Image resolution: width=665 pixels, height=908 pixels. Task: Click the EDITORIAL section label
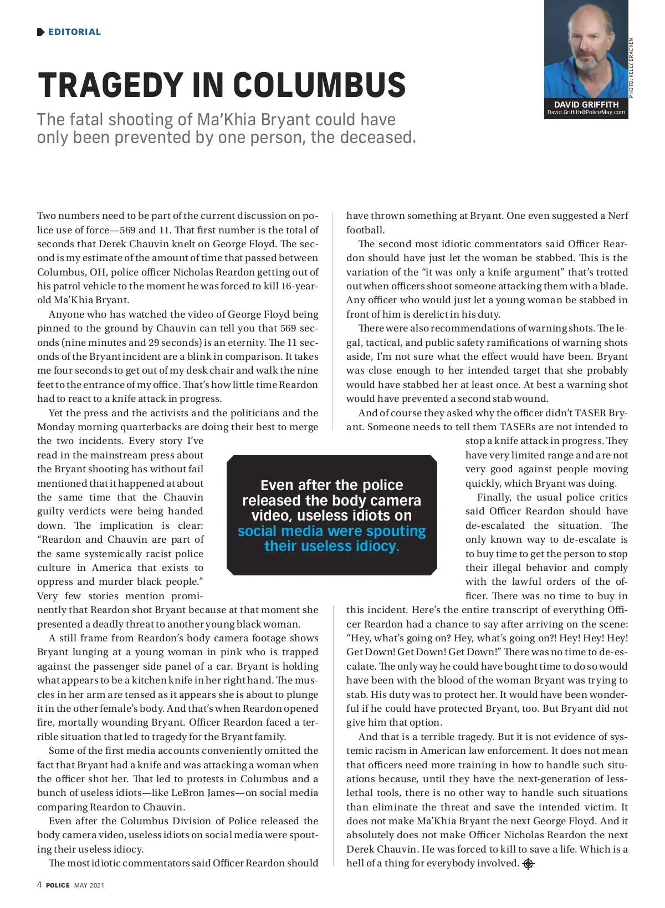point(74,32)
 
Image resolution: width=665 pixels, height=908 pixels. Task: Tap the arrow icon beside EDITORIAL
point(40,32)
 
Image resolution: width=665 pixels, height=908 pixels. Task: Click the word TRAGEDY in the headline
point(110,85)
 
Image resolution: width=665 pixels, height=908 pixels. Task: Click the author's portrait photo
point(585,50)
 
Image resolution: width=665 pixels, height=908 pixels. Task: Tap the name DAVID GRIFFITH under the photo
point(586,104)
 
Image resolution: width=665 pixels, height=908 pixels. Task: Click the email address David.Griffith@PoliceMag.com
point(586,113)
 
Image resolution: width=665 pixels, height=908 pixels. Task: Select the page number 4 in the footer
point(39,885)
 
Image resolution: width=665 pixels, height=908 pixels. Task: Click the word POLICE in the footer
point(58,885)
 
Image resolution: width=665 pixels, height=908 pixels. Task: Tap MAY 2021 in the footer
point(89,885)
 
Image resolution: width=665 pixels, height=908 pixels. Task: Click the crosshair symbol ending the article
point(528,864)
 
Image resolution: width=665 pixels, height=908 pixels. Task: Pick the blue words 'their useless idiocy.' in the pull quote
point(331,546)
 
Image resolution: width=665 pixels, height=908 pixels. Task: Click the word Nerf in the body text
point(617,216)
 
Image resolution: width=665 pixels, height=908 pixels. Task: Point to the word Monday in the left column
point(55,427)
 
